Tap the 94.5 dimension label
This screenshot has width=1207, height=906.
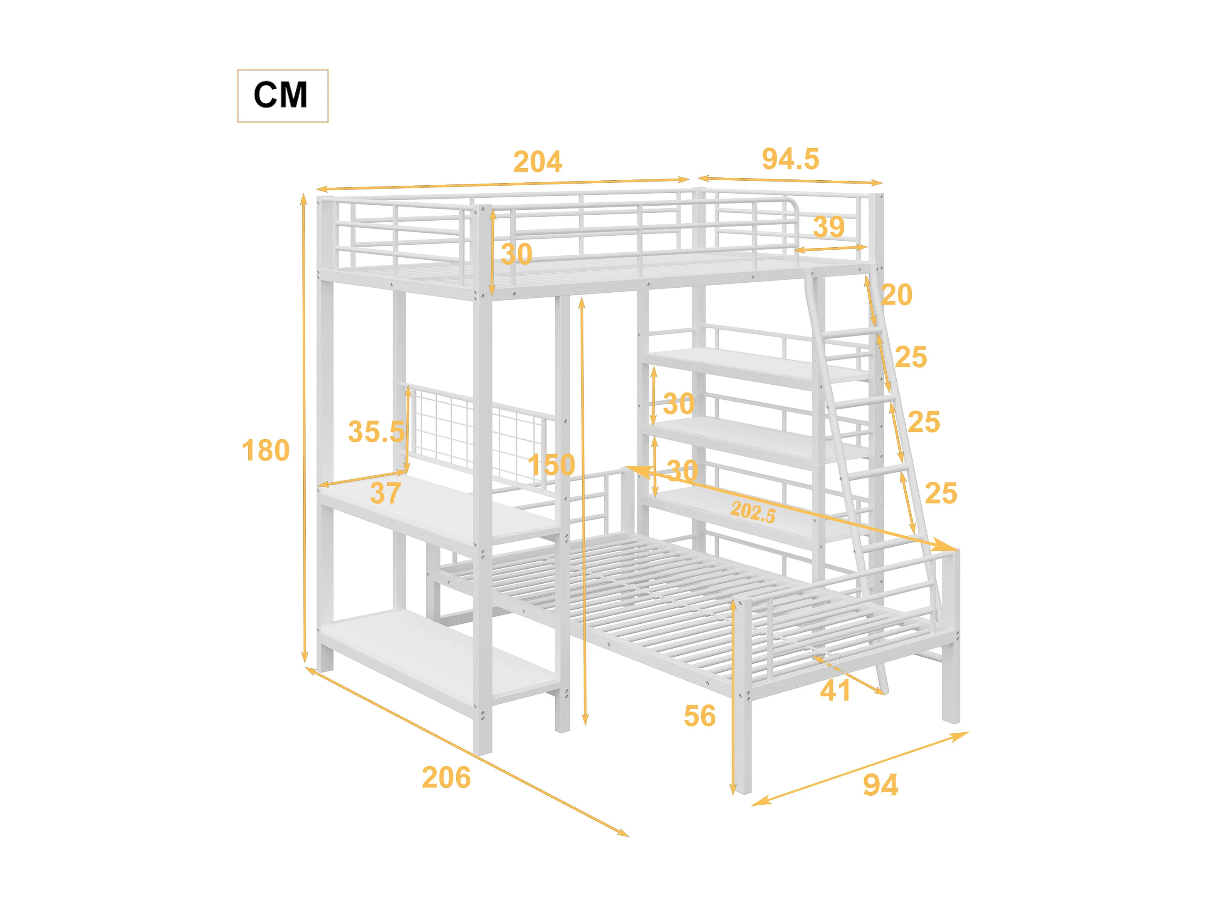[790, 159]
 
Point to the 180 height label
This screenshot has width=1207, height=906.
[265, 451]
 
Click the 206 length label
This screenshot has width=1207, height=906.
[446, 778]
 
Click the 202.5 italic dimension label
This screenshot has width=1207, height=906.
[753, 512]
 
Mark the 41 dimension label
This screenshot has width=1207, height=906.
[835, 691]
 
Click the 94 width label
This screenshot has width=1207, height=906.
[880, 785]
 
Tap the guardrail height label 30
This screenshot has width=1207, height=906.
[516, 254]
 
